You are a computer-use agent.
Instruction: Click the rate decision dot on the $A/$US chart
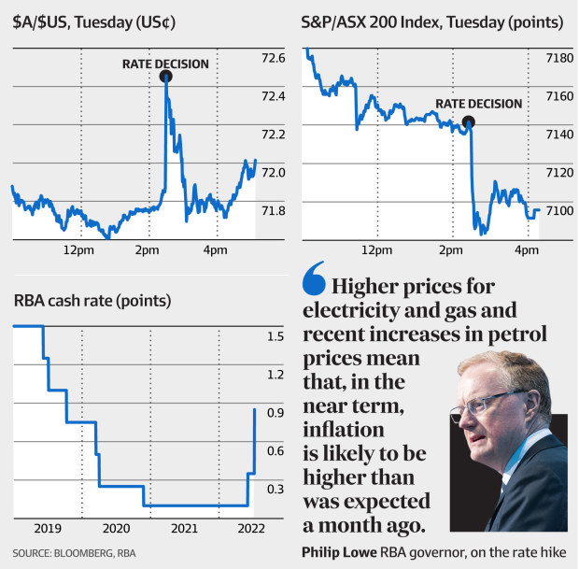166,78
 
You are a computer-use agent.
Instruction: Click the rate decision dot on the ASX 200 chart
469,121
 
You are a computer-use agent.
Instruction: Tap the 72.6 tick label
274,58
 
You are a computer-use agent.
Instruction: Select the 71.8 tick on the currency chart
274,211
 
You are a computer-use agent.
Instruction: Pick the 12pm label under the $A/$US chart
78,250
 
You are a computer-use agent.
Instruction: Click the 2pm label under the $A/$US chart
147,250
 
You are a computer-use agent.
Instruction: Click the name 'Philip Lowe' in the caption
337,552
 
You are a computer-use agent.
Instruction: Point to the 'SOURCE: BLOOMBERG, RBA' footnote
74,553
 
